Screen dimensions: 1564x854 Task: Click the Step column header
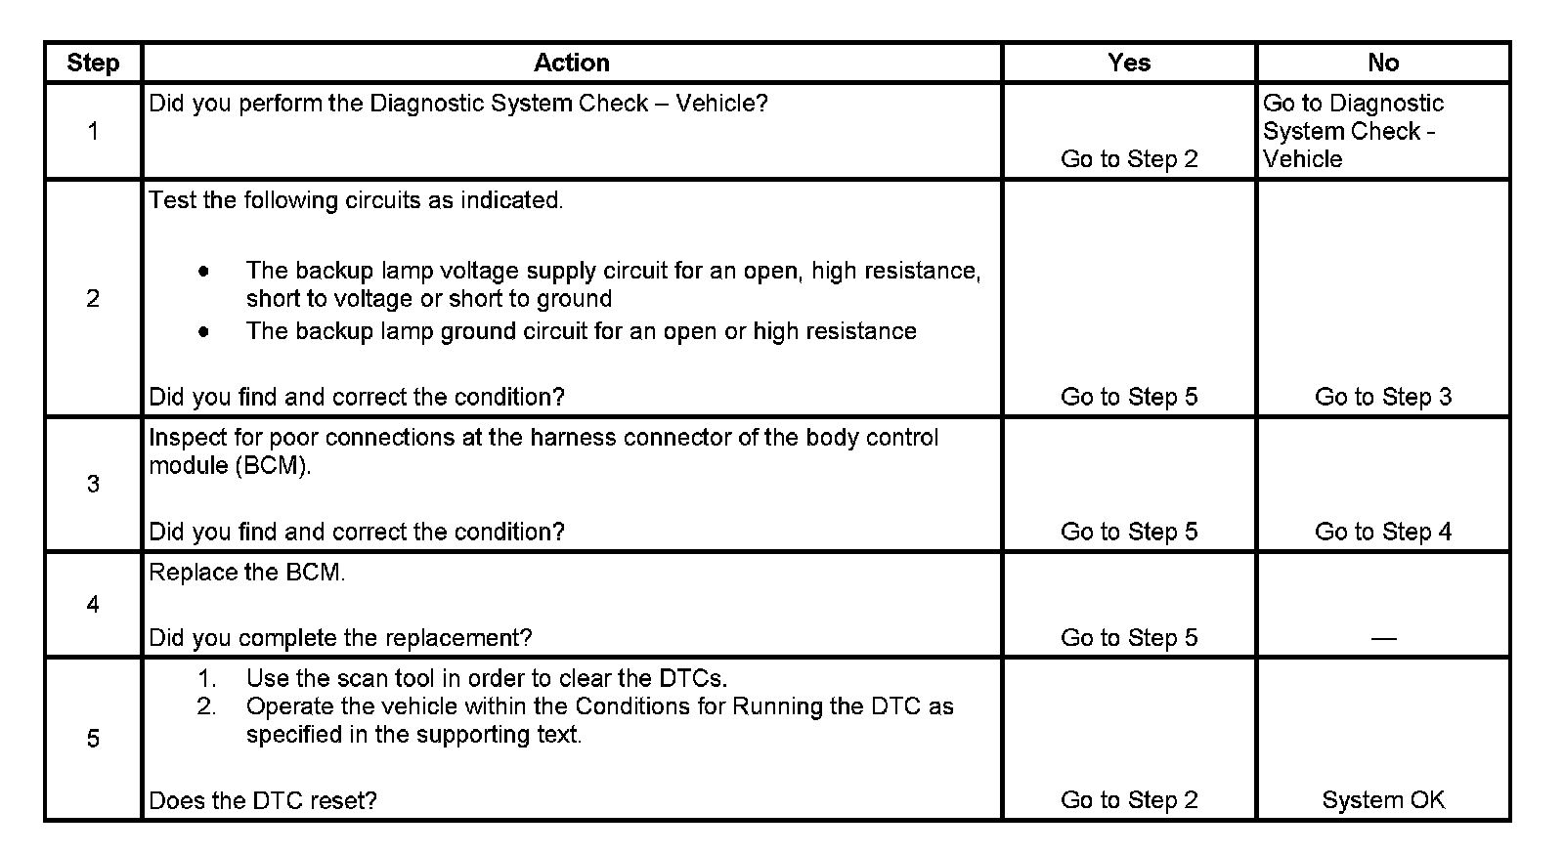(93, 63)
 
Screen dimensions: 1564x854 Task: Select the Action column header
(572, 63)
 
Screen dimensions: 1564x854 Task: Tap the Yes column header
(1129, 63)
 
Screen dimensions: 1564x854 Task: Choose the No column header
(1383, 63)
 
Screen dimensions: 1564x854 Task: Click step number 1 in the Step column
(93, 131)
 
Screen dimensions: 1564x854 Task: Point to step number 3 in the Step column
(93, 484)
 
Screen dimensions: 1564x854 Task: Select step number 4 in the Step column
(93, 605)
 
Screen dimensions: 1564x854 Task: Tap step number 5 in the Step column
(93, 739)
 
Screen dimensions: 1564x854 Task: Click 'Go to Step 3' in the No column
(1383, 397)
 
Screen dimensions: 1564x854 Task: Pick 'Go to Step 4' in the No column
(1383, 532)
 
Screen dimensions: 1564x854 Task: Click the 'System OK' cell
(1383, 800)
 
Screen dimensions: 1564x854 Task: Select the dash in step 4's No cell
(1383, 638)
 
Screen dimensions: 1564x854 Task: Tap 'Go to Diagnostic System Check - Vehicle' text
(1353, 131)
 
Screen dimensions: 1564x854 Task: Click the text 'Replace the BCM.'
(247, 573)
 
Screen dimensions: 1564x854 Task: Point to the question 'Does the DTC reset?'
(263, 801)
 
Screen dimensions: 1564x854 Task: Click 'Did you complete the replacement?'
(340, 638)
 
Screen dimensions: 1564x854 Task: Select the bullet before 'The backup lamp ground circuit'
(203, 331)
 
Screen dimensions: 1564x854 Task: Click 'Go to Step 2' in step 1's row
(1129, 159)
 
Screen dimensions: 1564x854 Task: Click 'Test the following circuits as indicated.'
(356, 200)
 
